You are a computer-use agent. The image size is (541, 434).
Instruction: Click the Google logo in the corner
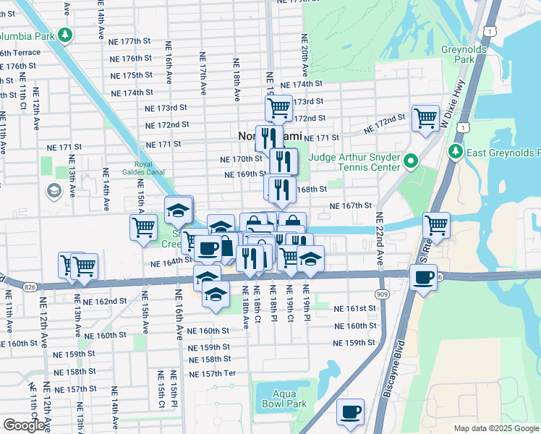click(x=24, y=425)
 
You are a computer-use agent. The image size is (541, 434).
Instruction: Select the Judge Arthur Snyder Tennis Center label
click(x=354, y=162)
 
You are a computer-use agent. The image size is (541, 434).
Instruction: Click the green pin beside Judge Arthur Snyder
click(x=412, y=161)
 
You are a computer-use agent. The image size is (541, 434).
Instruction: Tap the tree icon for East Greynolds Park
click(x=456, y=152)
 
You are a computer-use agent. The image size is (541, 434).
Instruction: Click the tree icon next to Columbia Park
click(x=66, y=35)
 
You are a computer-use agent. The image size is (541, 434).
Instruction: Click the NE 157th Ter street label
click(x=212, y=374)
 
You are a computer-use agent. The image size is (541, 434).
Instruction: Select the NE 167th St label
click(x=351, y=206)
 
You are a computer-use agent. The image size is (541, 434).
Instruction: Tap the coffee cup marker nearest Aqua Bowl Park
click(x=351, y=412)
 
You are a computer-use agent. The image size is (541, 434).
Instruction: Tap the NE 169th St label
click(x=243, y=174)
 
